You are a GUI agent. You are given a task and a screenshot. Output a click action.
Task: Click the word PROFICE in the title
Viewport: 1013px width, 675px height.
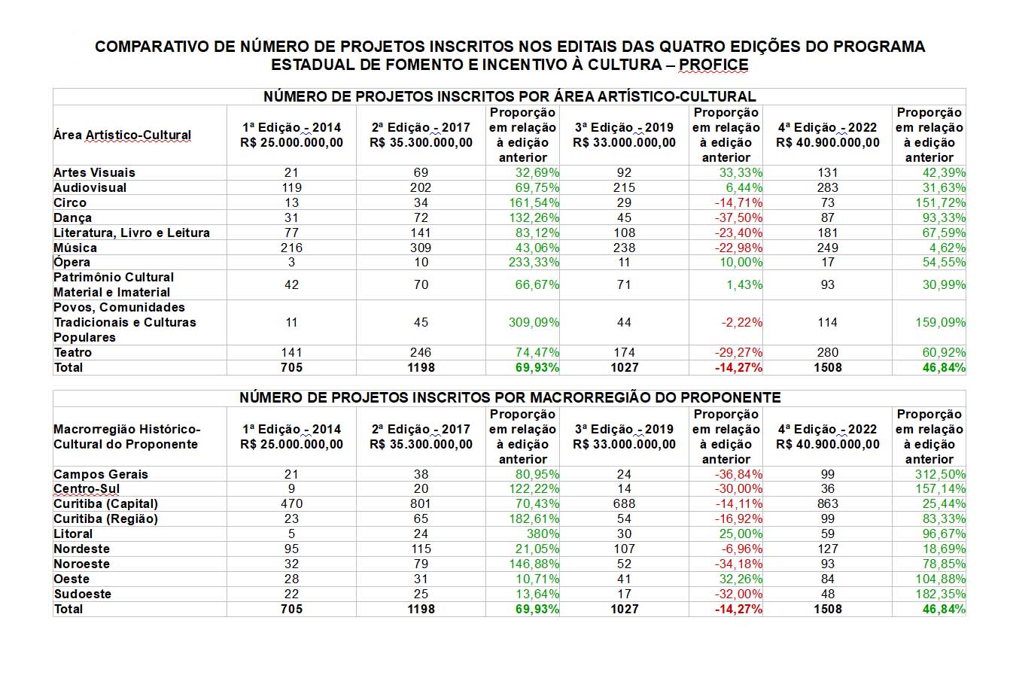pos(713,65)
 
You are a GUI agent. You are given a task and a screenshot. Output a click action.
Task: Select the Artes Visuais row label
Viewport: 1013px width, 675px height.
pos(94,173)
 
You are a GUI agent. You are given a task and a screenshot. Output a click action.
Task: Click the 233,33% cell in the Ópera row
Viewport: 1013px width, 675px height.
pos(534,262)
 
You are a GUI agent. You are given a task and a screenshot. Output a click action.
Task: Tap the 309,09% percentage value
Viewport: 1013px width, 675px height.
pos(534,322)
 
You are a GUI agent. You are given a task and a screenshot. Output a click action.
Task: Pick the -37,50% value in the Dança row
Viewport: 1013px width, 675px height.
pos(738,217)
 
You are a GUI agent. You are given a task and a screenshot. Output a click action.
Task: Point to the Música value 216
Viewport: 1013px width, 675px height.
pos(291,248)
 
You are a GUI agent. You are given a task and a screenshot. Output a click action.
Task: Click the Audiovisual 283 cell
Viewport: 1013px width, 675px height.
pos(827,187)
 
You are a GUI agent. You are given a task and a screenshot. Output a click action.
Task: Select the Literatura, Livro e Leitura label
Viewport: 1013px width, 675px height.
pos(132,233)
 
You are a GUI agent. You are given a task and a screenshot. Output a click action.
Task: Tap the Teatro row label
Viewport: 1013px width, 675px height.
pos(73,353)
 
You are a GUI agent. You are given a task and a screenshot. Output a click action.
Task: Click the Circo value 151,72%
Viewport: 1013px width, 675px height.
pos(940,202)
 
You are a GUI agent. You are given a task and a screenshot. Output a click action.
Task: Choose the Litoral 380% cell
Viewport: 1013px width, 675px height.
pos(543,534)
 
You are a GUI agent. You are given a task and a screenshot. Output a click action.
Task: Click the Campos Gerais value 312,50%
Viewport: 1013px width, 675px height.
pos(940,474)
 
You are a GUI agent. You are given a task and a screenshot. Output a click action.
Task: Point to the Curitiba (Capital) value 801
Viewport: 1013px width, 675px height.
pos(421,503)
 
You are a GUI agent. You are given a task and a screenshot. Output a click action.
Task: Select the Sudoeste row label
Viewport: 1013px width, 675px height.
pos(82,594)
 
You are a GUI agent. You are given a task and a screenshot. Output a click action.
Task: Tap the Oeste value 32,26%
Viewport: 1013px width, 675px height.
pos(741,579)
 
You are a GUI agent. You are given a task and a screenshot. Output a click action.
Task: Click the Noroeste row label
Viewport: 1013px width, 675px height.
pos(82,564)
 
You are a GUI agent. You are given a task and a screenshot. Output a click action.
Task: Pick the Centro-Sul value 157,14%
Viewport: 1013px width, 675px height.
pos(940,488)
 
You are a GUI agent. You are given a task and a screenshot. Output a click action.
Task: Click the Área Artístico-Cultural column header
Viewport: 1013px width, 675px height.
pos(122,135)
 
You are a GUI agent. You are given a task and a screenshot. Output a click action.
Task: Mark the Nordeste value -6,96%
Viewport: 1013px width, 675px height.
pos(741,549)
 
